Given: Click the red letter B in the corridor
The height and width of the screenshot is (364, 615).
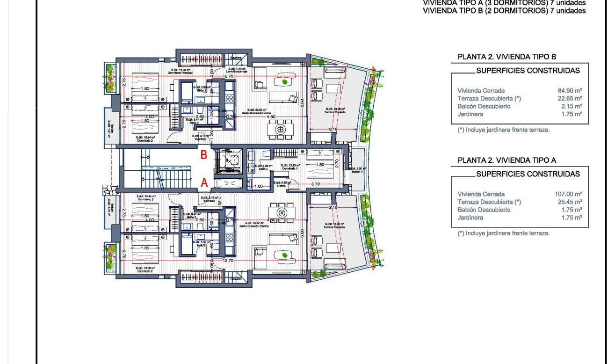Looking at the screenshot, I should (204, 155).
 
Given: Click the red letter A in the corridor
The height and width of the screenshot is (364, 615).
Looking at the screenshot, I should (204, 183).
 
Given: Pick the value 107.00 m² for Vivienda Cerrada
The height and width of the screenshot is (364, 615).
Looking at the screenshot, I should (568, 194).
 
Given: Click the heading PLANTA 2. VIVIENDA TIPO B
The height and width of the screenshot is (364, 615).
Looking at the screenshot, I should (503, 57).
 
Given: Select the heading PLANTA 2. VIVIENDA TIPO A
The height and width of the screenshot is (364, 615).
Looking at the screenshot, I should (503, 160).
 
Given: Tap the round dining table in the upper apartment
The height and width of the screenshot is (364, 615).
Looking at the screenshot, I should (281, 129).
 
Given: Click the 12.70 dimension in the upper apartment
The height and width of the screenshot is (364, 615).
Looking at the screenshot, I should (228, 76).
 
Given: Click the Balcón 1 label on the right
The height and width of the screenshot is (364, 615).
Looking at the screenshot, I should (358, 171).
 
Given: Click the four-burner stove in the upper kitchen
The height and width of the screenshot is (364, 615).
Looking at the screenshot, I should (230, 99).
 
